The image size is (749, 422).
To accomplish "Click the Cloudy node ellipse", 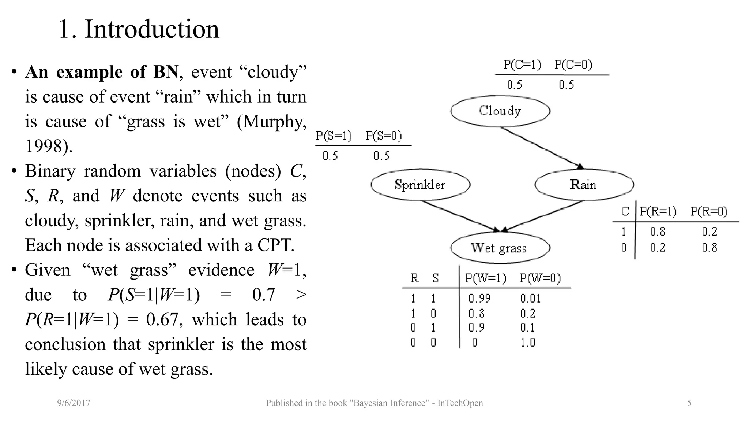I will pos(500,111).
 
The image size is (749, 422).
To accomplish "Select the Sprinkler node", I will pos(420,185).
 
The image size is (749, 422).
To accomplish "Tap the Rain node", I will pos(584,185).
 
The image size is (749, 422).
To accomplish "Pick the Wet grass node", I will pos(500,248).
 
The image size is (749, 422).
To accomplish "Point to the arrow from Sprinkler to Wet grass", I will pos(459,216).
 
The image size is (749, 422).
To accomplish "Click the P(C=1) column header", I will pos(522,65).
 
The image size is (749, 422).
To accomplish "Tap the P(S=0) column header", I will pos(384,136).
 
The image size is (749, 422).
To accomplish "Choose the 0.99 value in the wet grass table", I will pos(479,299).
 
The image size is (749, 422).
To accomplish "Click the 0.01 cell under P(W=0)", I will pos(530,299).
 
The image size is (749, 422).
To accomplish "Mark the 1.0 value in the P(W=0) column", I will pos(528,343).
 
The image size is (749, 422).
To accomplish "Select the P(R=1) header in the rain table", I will pos(658,212).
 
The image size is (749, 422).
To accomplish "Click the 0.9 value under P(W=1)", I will pos(477,327).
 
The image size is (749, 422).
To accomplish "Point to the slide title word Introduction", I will pos(152,29).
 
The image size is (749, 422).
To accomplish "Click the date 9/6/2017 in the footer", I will pos(74,403).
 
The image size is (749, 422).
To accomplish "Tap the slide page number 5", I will pos(689,403).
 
